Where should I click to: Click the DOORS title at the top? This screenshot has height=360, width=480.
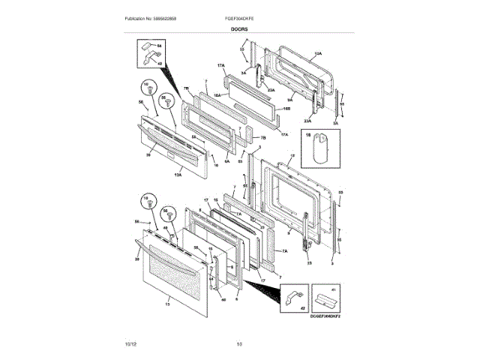239,29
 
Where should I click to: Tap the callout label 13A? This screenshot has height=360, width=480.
178,175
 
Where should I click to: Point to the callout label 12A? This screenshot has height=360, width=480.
317,54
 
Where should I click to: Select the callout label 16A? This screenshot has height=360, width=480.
217,96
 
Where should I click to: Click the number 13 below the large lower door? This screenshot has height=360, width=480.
167,304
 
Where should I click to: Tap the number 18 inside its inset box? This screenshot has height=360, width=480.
307,135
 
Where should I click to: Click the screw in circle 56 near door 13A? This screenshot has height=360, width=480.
163,106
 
